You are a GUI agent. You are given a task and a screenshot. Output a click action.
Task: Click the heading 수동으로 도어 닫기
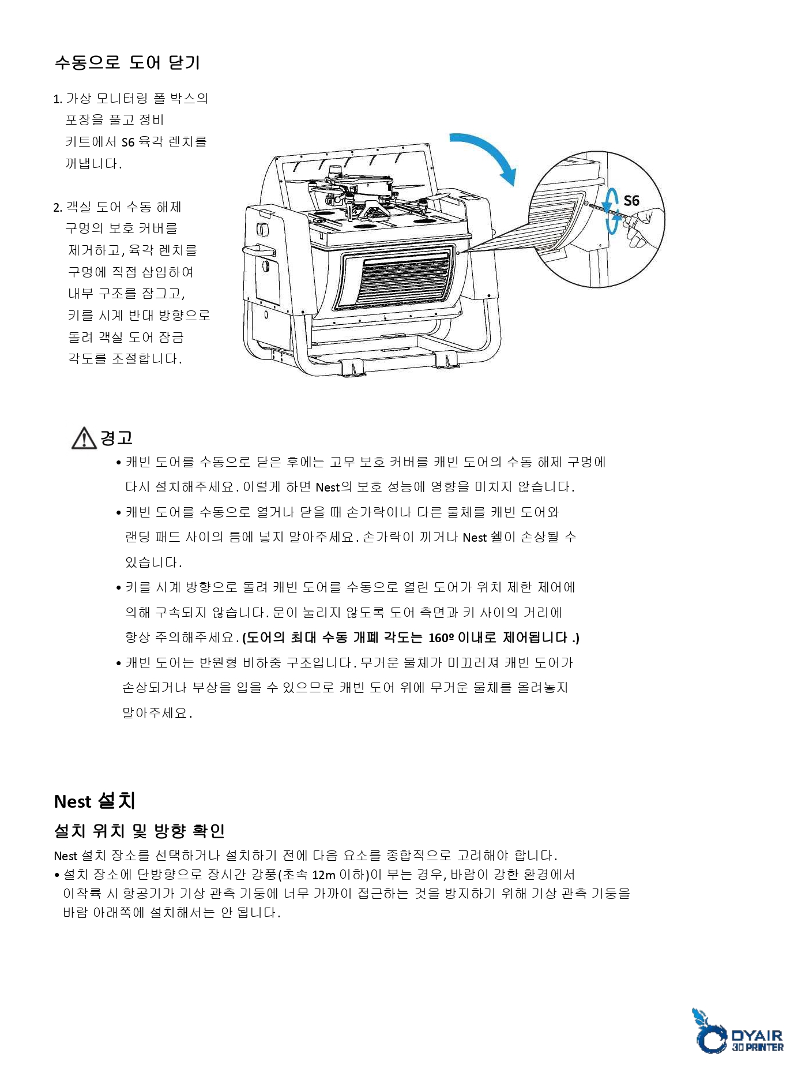[x=127, y=62]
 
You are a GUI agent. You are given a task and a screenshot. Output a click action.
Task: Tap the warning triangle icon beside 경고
[x=84, y=438]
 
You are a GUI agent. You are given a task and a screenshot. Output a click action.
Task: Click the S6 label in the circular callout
[x=631, y=201]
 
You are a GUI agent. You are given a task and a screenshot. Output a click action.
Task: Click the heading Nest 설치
[x=95, y=801]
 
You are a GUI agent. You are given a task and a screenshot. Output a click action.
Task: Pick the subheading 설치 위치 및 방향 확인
[x=139, y=831]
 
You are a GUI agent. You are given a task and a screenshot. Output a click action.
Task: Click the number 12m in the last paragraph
[x=323, y=875]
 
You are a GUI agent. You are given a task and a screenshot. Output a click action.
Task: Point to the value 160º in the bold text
[x=441, y=638]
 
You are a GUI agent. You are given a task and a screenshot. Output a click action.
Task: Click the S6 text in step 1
[x=127, y=142]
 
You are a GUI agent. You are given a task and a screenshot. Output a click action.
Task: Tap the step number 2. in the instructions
[x=57, y=208]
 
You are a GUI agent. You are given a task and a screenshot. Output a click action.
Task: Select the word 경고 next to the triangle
[x=116, y=438]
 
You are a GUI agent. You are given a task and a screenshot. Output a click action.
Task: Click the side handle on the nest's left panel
[x=258, y=250]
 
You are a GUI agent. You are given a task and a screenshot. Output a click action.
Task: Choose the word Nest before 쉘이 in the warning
[x=475, y=538]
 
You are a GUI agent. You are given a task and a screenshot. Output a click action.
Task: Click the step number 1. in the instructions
[x=57, y=99]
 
